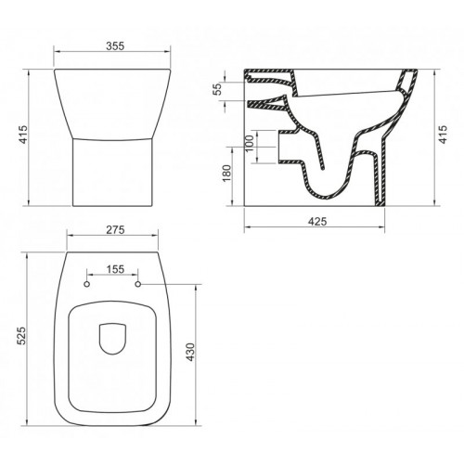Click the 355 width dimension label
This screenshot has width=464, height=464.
(114, 44)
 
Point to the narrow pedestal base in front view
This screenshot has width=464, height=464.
(112, 172)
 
